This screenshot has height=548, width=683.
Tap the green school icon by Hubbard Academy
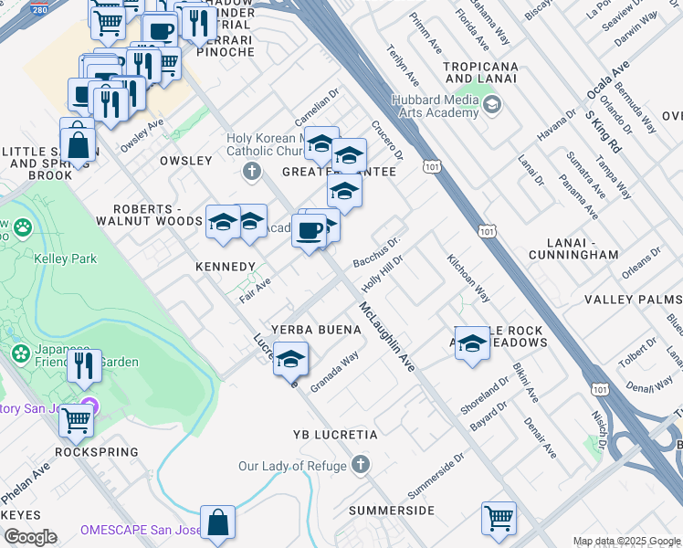coord(492,105)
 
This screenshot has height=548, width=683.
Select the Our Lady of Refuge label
coord(292,466)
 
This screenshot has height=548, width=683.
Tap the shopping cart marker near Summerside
coord(499,517)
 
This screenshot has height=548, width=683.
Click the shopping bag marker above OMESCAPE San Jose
coord(218,522)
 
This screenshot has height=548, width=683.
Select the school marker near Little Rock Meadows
coord(472,343)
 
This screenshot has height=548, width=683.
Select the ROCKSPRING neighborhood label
coord(97,452)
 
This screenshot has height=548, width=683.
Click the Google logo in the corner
coord(30,537)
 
